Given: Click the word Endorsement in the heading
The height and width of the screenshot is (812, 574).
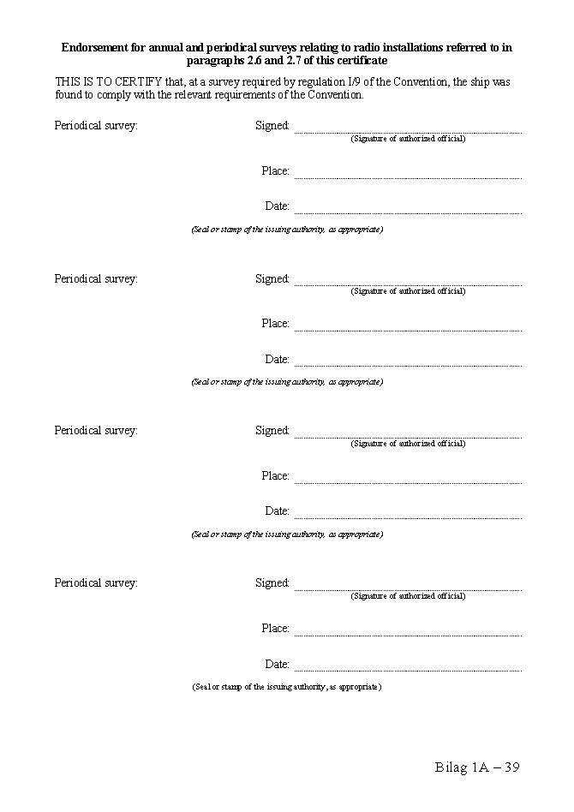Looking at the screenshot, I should pyautogui.click(x=93, y=48).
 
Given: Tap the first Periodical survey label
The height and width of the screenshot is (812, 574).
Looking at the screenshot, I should pyautogui.click(x=96, y=126).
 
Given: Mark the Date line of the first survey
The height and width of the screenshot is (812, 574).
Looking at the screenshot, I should pyautogui.click(x=408, y=211).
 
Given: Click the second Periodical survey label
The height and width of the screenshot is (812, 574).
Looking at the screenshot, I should pyautogui.click(x=96, y=278).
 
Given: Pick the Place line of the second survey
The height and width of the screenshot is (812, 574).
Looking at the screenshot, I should pyautogui.click(x=408, y=328).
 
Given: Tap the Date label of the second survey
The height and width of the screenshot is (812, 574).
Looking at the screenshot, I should pyautogui.click(x=277, y=360).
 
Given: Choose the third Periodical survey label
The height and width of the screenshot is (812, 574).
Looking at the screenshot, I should pyautogui.click(x=96, y=431).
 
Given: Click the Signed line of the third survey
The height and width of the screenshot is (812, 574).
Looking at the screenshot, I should pyautogui.click(x=408, y=435).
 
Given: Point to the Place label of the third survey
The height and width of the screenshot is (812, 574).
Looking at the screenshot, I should pyautogui.click(x=275, y=476).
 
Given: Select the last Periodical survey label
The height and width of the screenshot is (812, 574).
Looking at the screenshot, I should pyautogui.click(x=96, y=583).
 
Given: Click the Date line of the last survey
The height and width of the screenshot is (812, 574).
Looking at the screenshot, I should pyautogui.click(x=408, y=668).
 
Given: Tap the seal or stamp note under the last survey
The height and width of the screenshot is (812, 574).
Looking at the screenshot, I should pyautogui.click(x=287, y=687).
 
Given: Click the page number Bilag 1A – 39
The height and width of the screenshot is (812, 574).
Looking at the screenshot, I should pyautogui.click(x=477, y=767).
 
